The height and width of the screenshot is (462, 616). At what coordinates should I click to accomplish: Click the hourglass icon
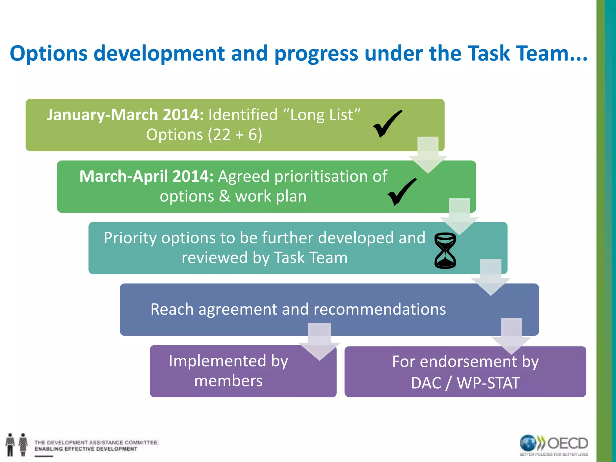[445, 250]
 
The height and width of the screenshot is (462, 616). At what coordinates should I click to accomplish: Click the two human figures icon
[17, 444]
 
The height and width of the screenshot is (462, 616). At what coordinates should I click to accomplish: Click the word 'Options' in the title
[49, 54]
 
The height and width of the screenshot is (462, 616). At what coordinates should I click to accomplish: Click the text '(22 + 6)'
[235, 134]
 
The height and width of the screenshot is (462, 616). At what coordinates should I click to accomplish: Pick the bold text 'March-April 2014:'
[146, 176]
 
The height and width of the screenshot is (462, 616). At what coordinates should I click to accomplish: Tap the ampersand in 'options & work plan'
[224, 196]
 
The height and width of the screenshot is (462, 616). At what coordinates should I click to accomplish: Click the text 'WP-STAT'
[488, 383]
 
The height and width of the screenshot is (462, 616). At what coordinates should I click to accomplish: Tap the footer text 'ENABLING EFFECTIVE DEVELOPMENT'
[86, 449]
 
